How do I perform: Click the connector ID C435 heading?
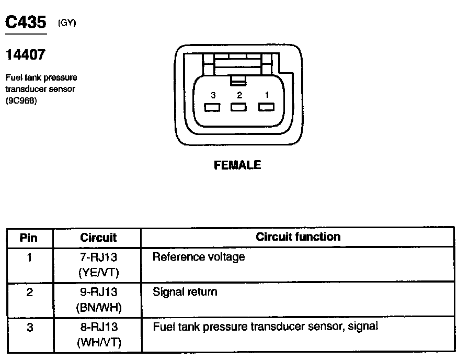[x=26, y=22]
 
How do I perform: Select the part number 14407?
[x=25, y=54]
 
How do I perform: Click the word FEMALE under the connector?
[x=237, y=165]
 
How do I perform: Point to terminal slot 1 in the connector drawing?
[x=267, y=107]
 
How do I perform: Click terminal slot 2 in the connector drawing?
[x=239, y=107]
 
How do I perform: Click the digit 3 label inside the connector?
[x=213, y=95]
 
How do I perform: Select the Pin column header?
[x=29, y=238]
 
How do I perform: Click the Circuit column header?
[x=98, y=238]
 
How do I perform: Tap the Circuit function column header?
[x=298, y=237]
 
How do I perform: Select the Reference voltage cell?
[x=198, y=257]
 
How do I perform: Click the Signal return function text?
[x=185, y=292]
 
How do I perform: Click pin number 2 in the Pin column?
[x=29, y=292]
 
